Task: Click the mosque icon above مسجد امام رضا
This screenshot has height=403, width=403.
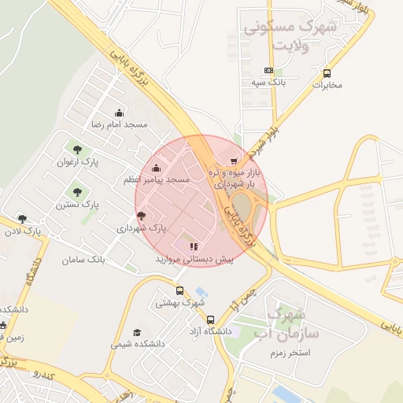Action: [120, 113]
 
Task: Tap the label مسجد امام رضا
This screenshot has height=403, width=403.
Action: [119, 125]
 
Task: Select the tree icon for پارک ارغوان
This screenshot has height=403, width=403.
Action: [77, 149]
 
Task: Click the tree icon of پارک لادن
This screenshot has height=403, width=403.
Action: [22, 219]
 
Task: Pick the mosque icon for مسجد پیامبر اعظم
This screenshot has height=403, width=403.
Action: [156, 168]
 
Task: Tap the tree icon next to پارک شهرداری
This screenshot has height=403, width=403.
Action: [141, 216]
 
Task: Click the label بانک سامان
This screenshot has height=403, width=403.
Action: [87, 259]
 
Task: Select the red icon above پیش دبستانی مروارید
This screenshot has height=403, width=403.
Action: [194, 246]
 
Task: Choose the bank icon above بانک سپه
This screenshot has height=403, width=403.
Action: [269, 70]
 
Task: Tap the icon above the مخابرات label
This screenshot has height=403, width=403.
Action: [327, 73]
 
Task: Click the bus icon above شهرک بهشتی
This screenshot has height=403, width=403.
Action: [179, 290]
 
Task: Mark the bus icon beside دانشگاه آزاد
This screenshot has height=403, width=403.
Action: [210, 320]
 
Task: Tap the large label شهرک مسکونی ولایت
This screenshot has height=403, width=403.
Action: [290, 35]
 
